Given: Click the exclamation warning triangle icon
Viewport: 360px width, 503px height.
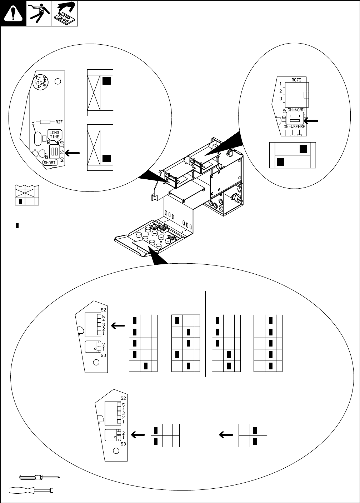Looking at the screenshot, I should pyautogui.click(x=13, y=14).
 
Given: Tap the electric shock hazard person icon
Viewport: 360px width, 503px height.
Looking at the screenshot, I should pyautogui.click(x=39, y=14).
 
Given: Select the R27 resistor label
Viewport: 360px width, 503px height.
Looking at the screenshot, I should pyautogui.click(x=59, y=121).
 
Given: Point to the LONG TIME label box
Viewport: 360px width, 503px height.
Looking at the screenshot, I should pyautogui.click(x=54, y=135).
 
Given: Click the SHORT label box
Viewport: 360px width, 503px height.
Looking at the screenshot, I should pyautogui.click(x=49, y=162).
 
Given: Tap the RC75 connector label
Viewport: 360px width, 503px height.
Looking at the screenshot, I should pyautogui.click(x=296, y=80).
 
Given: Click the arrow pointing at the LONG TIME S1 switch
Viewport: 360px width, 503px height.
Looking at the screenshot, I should pyautogui.click(x=72, y=153).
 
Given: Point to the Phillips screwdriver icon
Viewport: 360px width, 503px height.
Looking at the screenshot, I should pyautogui.click(x=39, y=477).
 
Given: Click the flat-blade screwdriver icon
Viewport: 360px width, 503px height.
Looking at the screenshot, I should pyautogui.click(x=31, y=490).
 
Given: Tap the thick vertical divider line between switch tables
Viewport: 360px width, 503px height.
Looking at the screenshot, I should pyautogui.click(x=206, y=334).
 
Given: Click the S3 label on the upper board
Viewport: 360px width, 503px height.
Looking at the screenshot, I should pyautogui.click(x=104, y=355).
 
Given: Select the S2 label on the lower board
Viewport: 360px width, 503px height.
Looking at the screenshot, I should pyautogui.click(x=123, y=398).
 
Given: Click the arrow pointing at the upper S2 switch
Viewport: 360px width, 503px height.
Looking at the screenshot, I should pyautogui.click(x=118, y=325).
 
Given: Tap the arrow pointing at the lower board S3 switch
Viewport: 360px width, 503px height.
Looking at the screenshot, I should pyautogui.click(x=138, y=435).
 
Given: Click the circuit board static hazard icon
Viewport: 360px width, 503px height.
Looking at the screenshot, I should pyautogui.click(x=65, y=14).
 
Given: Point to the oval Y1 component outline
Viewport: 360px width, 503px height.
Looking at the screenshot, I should pyautogui.click(x=37, y=138).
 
